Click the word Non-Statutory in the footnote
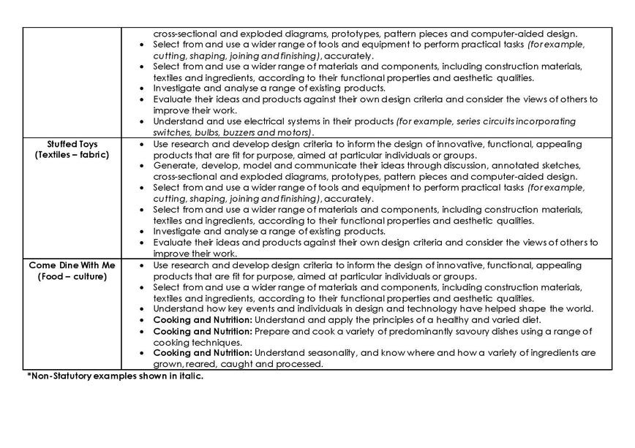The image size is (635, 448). (x=59, y=376)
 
